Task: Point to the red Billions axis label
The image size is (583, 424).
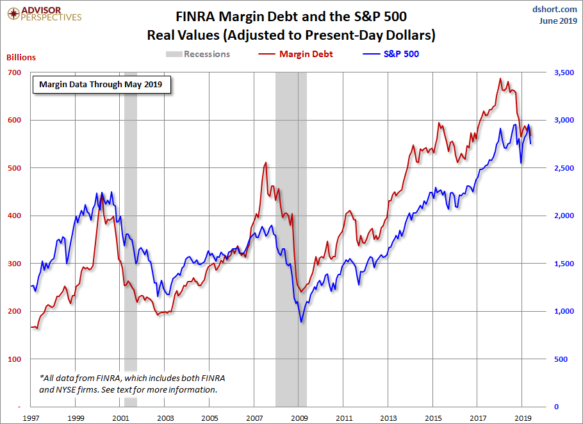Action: [x=21, y=57]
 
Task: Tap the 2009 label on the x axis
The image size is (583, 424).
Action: [x=299, y=418]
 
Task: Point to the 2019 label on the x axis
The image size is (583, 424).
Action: [x=523, y=418]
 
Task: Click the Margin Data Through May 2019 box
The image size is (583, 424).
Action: [x=101, y=84]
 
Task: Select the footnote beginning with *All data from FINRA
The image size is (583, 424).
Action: [x=128, y=384]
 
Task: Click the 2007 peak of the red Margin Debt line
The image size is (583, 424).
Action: [x=265, y=163]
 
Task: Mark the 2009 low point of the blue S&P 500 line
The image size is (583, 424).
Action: [x=301, y=321]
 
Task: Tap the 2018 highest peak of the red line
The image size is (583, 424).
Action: [x=500, y=79]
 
